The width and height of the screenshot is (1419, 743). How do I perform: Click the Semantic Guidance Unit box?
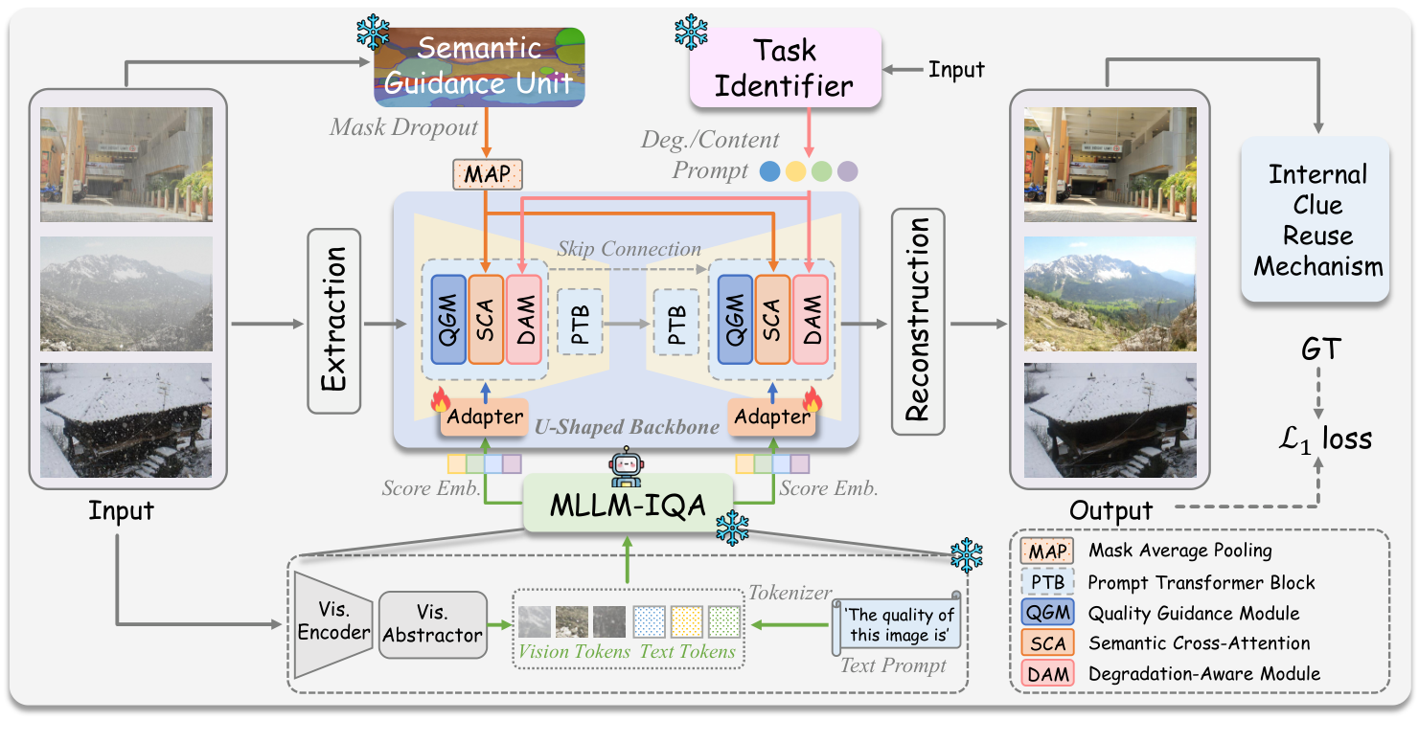tap(479, 66)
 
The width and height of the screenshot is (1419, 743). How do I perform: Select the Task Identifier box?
tap(785, 66)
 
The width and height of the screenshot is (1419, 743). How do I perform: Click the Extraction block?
tap(332, 321)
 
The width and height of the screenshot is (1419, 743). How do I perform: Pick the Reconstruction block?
tap(918, 321)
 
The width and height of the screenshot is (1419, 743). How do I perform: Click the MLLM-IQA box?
tap(628, 506)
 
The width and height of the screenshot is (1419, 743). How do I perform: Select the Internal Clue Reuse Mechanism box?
tap(1318, 220)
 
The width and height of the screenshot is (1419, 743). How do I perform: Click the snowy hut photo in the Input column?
tap(126, 420)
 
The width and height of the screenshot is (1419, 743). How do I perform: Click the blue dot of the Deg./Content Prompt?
tap(768, 171)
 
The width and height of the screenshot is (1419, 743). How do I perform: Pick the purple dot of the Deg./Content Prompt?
tap(847, 171)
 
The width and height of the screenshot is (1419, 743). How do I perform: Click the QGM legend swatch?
tap(1049, 613)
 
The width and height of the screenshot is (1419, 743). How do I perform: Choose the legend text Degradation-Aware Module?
tap(1203, 674)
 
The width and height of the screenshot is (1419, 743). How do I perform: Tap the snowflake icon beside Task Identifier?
tap(691, 32)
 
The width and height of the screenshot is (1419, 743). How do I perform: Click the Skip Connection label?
tap(629, 249)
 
